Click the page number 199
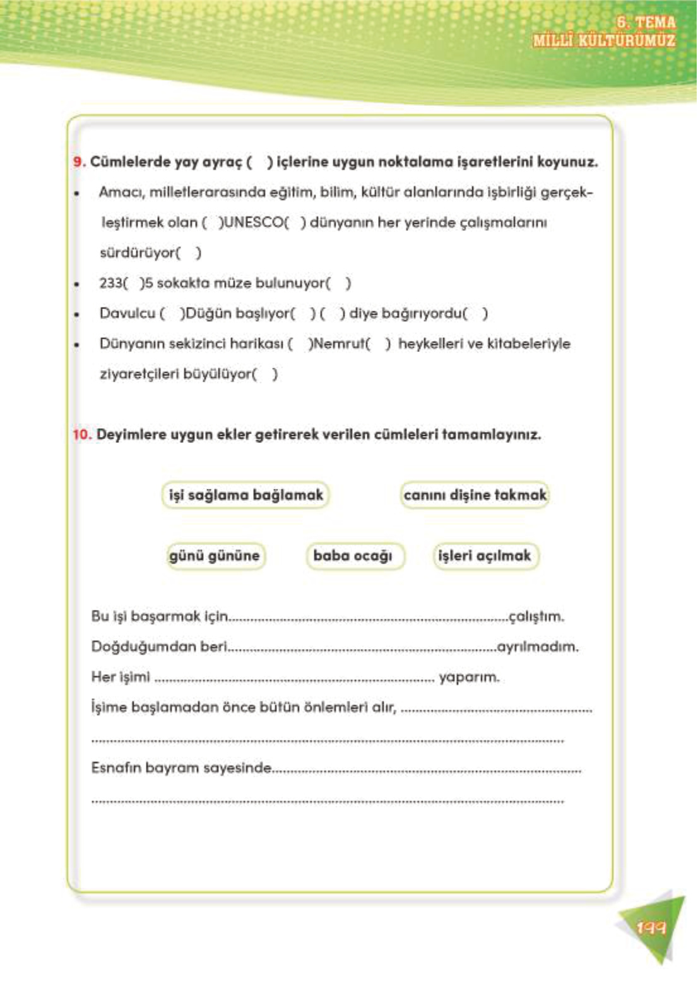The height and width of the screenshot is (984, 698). (651, 928)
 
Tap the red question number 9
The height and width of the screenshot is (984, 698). (78, 162)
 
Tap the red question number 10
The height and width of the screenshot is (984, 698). (82, 435)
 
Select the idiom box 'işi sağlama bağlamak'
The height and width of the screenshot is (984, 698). (245, 495)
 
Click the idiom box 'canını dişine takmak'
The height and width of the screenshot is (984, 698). (475, 495)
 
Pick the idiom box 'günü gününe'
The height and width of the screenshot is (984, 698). (215, 556)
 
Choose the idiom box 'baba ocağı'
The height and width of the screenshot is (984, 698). (353, 556)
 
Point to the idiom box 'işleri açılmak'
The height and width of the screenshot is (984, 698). (485, 556)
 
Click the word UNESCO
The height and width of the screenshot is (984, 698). (253, 223)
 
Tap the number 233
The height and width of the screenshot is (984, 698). (110, 283)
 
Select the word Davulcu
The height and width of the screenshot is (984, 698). (127, 313)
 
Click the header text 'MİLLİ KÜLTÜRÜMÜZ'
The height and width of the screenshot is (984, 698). (604, 40)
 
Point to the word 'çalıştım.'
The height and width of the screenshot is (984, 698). (536, 616)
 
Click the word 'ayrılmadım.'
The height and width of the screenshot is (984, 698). (538, 647)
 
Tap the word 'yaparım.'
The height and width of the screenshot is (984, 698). (469, 677)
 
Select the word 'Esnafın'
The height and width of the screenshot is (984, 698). (116, 768)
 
